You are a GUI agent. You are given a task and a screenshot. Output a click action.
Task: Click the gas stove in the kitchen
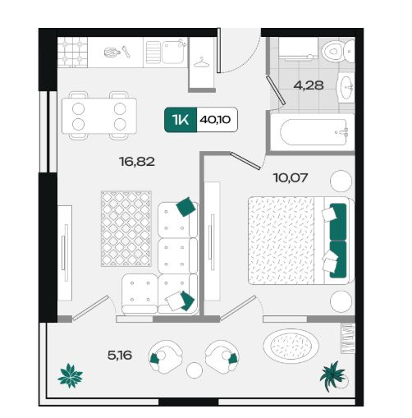click(x=72, y=52)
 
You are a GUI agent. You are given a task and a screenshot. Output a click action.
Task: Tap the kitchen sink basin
click(x=173, y=52)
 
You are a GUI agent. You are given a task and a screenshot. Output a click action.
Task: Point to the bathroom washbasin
click(x=346, y=88)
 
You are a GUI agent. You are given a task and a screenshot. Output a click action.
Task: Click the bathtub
click(x=313, y=132)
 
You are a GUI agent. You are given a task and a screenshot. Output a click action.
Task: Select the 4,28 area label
click(x=309, y=85)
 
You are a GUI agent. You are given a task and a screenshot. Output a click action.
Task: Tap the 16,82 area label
click(x=137, y=162)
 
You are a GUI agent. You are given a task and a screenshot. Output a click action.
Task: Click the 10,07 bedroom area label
click(x=291, y=177)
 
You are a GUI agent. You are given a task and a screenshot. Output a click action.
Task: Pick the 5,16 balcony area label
click(x=120, y=356)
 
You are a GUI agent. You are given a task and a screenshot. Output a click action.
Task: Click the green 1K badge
click(x=181, y=120)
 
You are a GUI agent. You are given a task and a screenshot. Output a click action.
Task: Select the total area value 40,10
click(x=215, y=120)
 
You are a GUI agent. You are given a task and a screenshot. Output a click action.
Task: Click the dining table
click(x=99, y=116)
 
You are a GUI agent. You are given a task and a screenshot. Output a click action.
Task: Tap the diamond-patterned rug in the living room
click(x=126, y=229)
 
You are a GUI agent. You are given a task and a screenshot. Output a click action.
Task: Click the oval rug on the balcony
click(x=291, y=346)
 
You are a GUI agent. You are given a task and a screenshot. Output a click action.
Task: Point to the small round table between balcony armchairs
click(x=195, y=370)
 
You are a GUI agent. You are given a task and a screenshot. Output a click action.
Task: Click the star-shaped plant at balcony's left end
click(x=71, y=375)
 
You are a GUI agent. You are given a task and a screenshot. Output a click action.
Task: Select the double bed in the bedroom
click(x=301, y=241)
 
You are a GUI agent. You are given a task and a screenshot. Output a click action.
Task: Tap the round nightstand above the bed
click(x=341, y=181)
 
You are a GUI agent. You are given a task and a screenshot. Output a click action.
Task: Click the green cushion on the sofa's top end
click(x=186, y=207)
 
